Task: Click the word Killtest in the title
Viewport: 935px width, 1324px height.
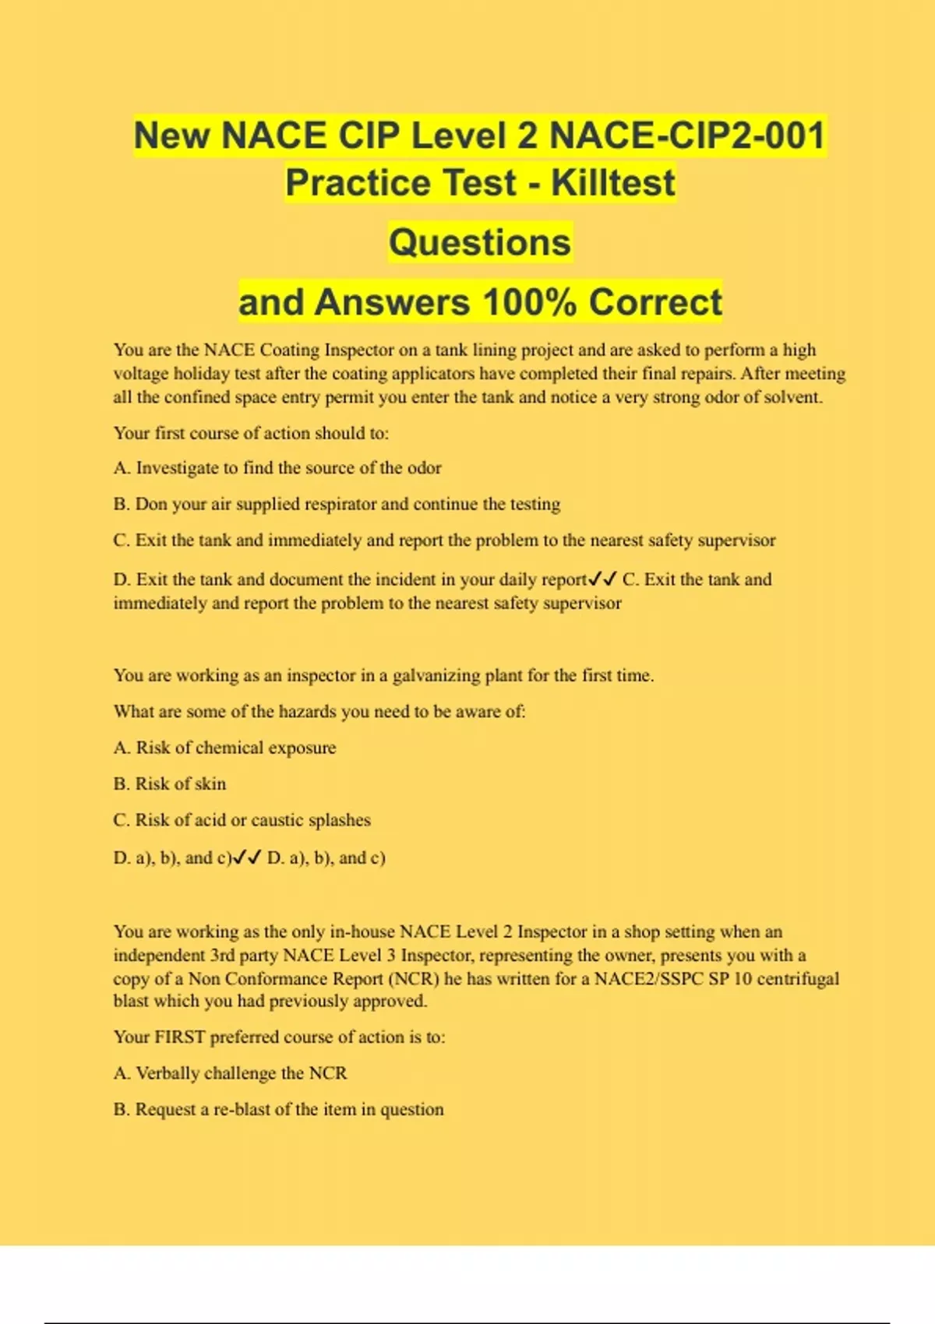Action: [x=613, y=183]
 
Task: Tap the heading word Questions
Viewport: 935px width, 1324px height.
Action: [x=480, y=242]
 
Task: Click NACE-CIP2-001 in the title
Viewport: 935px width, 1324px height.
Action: [x=687, y=136]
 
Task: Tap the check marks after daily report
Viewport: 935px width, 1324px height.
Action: [x=603, y=579]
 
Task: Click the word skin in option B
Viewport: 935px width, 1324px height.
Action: [x=210, y=783]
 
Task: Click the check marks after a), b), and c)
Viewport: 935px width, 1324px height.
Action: [x=248, y=857]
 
